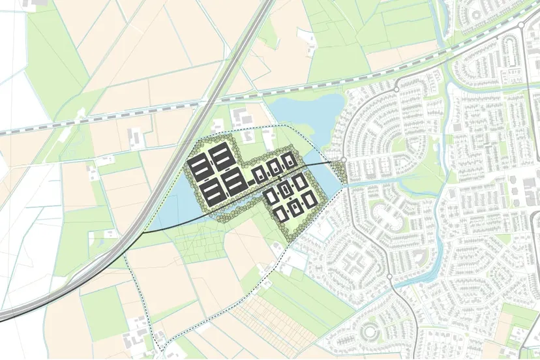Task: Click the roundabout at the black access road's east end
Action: tap(344, 160)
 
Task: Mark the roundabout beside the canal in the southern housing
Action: tap(390, 278)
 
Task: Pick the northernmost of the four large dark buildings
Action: tap(220, 157)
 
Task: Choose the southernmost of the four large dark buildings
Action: tap(211, 192)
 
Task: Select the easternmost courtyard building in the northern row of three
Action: tap(288, 160)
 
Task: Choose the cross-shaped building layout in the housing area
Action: tap(355, 265)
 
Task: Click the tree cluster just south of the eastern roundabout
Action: tap(339, 173)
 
